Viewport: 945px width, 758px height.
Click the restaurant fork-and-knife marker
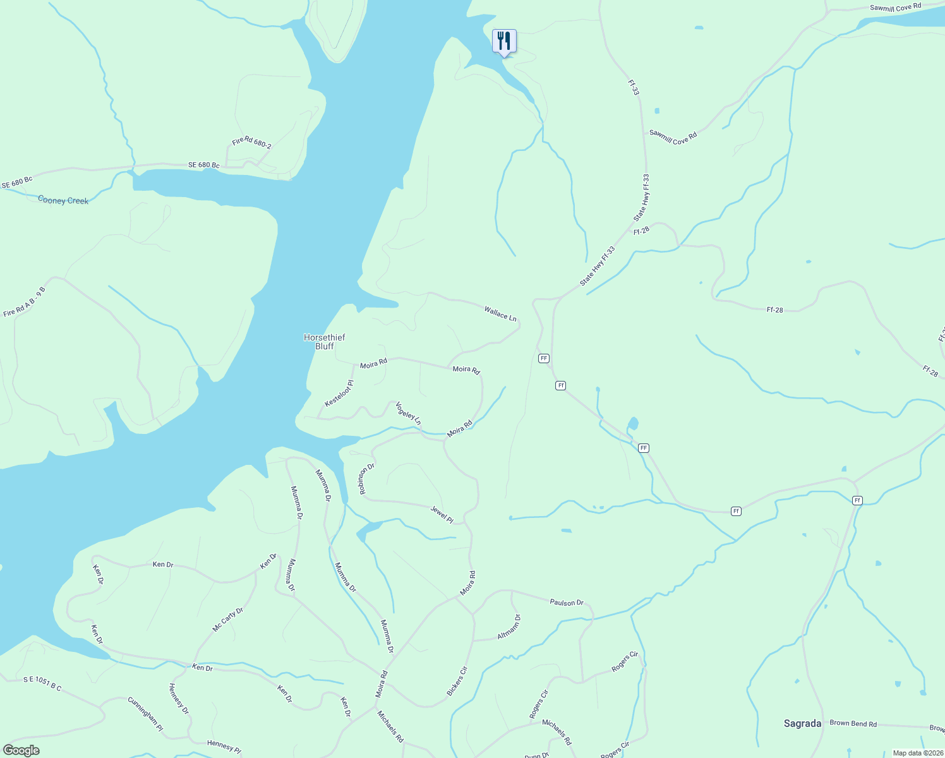[x=504, y=42]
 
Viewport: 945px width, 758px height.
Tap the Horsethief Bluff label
[x=325, y=342]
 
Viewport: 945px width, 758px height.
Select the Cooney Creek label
[x=63, y=200]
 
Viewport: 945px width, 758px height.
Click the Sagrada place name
[x=802, y=724]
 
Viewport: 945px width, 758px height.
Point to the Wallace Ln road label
[x=500, y=313]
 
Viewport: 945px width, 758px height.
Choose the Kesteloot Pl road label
[x=339, y=394]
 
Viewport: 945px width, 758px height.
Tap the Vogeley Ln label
[x=408, y=413]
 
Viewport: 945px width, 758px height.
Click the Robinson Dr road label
[x=368, y=479]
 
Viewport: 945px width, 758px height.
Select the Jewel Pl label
[x=442, y=514]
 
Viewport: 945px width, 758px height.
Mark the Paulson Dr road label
[x=567, y=603]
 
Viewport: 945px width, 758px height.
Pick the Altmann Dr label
[x=509, y=627]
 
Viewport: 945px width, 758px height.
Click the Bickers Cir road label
[x=457, y=682]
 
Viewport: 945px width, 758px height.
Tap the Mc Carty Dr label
[x=228, y=620]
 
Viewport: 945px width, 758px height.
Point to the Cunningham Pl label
[x=145, y=714]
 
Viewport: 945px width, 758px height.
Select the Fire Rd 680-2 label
[x=251, y=142]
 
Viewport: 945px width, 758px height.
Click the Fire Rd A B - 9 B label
[x=25, y=302]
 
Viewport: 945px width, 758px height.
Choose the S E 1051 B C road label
[x=42, y=683]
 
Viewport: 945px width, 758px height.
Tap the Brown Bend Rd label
[x=853, y=724]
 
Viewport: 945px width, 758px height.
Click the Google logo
[x=21, y=750]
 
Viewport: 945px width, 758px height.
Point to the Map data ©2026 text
[x=917, y=753]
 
